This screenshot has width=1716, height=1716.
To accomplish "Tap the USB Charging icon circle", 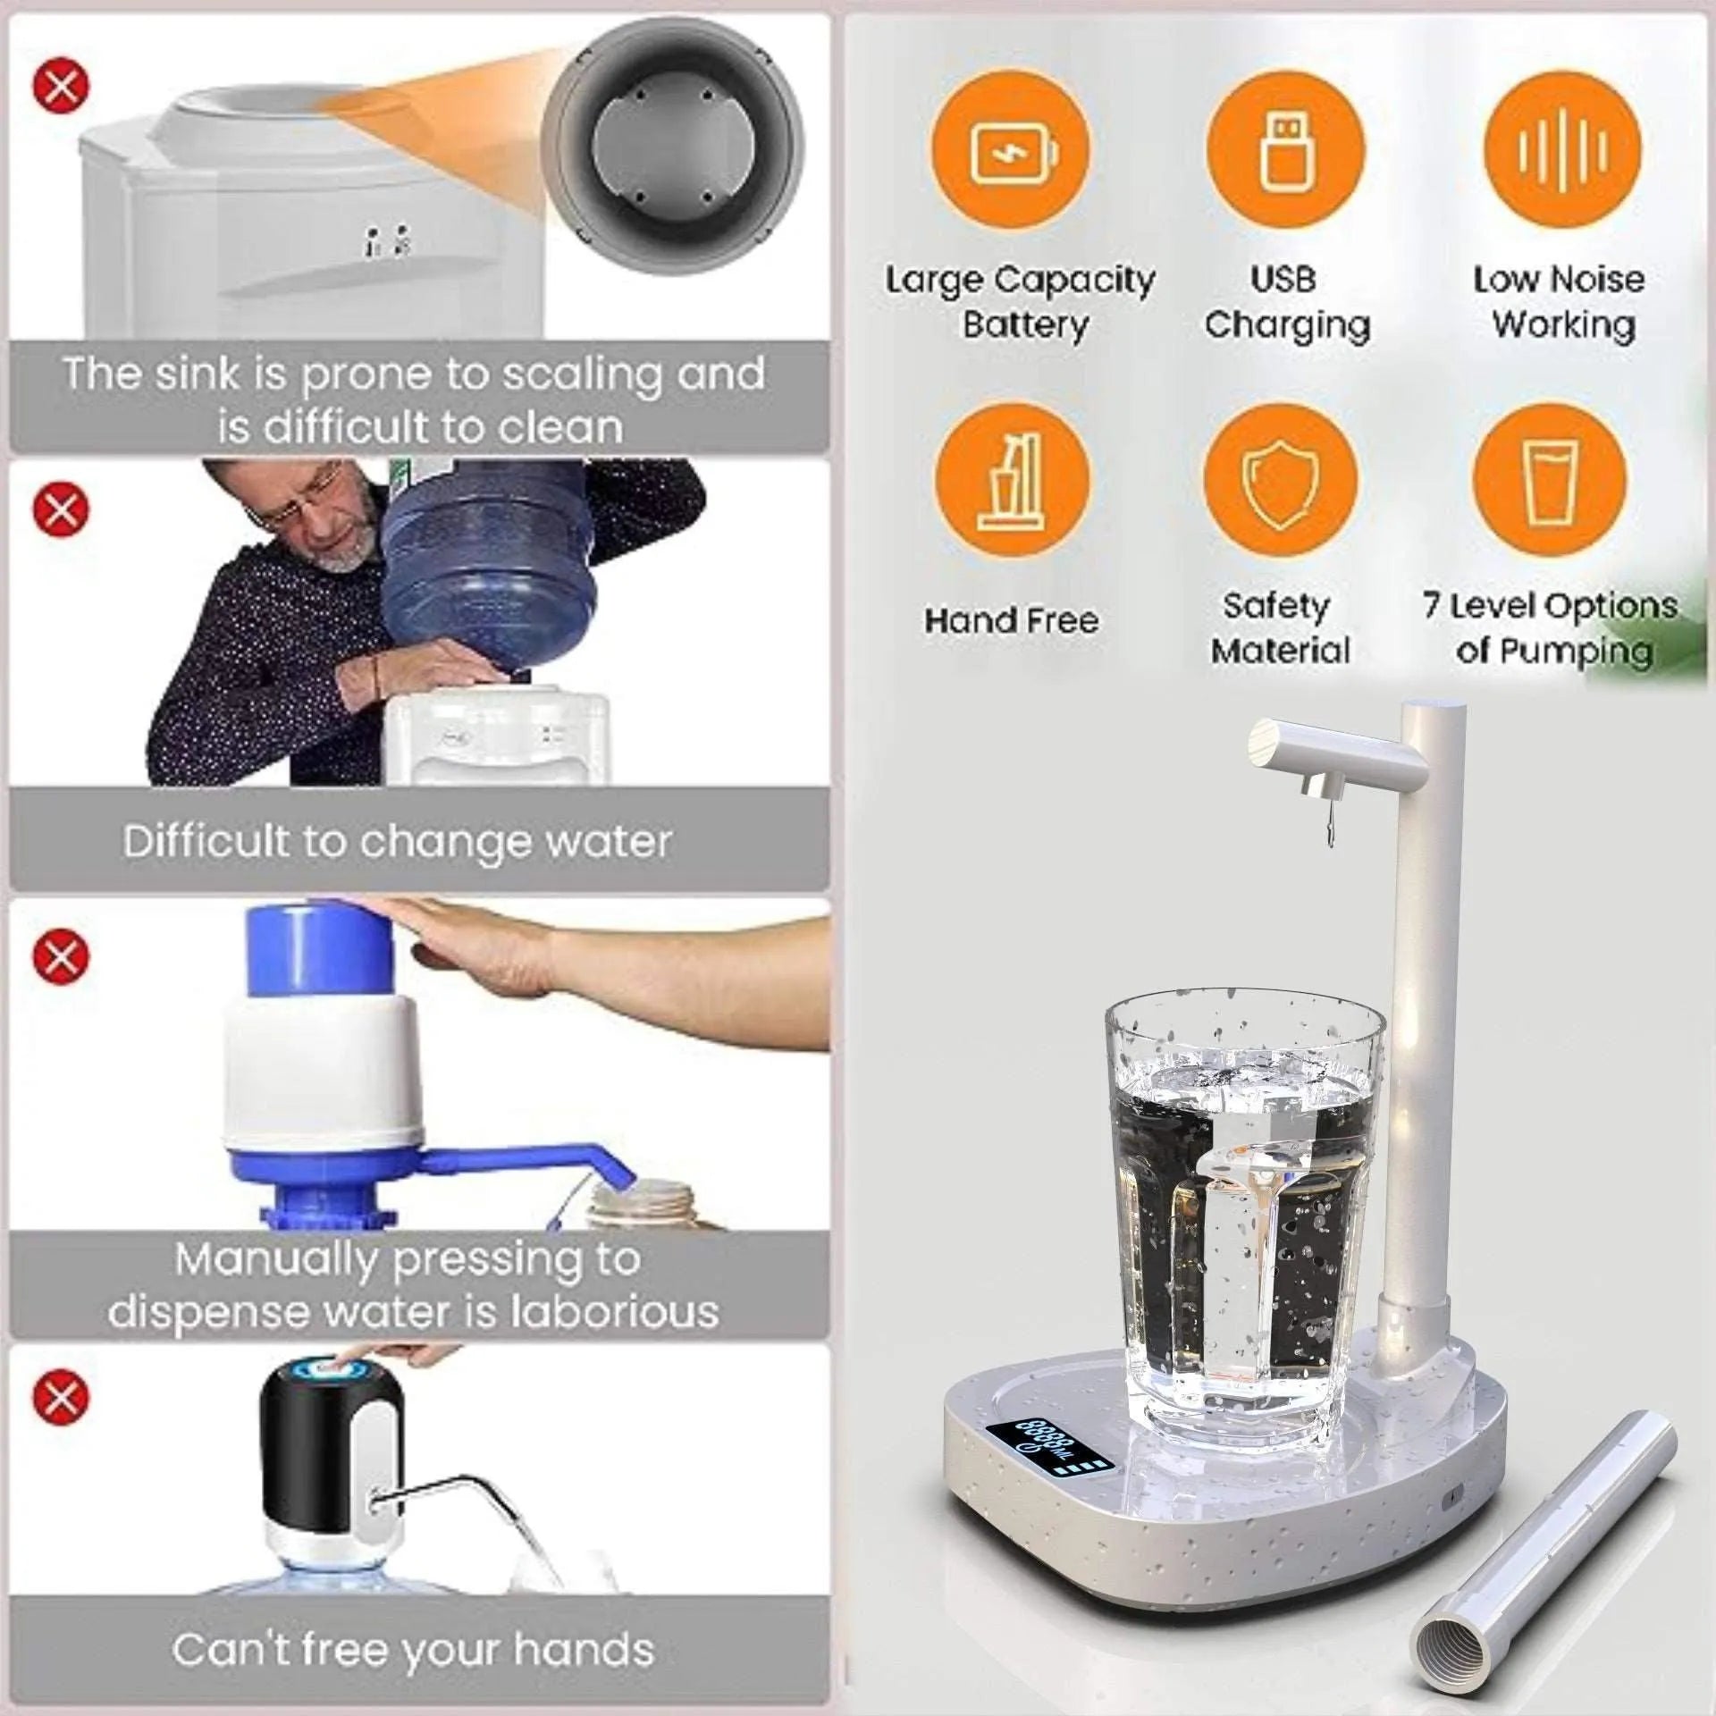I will (x=1285, y=149).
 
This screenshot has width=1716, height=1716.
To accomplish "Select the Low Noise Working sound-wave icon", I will (x=1562, y=149).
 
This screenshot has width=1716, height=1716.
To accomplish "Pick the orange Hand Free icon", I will (x=1013, y=483).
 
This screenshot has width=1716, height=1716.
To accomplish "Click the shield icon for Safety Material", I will (x=1281, y=483).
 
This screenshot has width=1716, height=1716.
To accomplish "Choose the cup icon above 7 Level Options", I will (x=1551, y=483).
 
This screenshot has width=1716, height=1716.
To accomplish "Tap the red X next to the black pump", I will (x=61, y=1395).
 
